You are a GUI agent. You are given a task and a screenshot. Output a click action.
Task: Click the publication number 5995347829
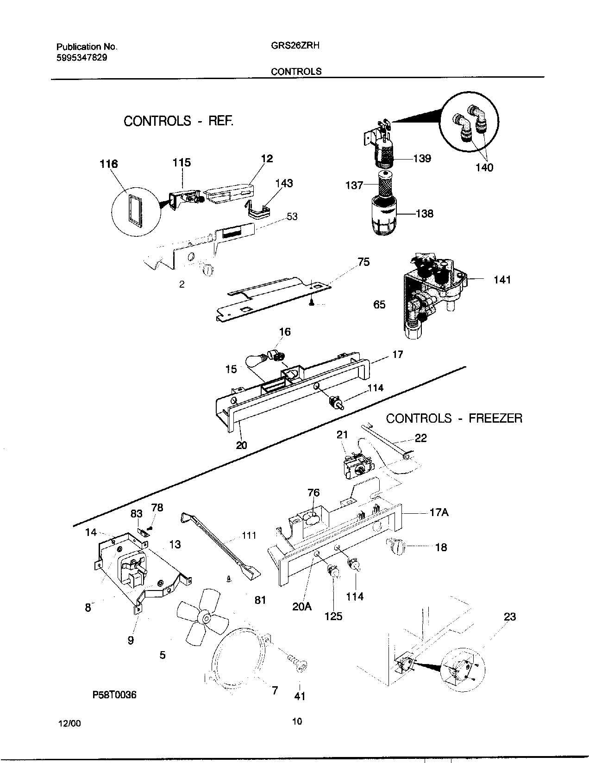tap(83, 57)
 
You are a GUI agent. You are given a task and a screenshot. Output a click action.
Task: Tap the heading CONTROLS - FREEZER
tap(454, 418)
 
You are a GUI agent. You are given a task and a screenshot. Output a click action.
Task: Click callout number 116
tap(108, 164)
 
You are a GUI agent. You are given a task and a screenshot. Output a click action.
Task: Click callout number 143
tap(284, 183)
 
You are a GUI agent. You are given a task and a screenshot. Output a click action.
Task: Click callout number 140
tap(484, 167)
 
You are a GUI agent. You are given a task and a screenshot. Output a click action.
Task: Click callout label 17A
tap(439, 512)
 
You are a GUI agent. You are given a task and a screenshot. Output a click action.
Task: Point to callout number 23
tap(509, 617)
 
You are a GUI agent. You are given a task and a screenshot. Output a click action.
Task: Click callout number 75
tap(363, 262)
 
